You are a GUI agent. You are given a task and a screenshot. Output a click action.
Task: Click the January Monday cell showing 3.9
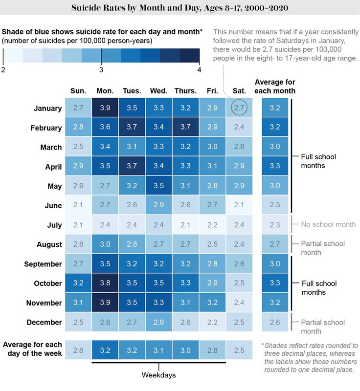(105, 109)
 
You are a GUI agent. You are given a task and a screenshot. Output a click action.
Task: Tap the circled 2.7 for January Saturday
(239, 109)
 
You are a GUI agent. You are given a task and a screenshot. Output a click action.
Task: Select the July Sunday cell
(78, 225)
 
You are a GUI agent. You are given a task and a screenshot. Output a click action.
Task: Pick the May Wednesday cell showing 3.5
(158, 186)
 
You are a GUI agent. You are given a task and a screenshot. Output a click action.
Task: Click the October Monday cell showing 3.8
(105, 283)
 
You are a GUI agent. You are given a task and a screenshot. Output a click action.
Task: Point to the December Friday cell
(212, 322)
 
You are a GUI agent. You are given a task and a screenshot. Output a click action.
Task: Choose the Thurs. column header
(185, 91)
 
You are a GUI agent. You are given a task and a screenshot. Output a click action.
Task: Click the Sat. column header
(239, 91)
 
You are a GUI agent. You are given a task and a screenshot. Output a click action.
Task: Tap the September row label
(43, 264)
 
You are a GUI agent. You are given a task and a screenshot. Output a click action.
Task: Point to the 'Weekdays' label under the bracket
(158, 375)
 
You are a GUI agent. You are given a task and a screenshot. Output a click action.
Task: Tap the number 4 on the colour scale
(199, 70)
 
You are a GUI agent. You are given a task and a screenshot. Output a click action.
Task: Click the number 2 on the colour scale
(3, 70)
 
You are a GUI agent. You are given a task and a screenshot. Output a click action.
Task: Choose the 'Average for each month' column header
(274, 87)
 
